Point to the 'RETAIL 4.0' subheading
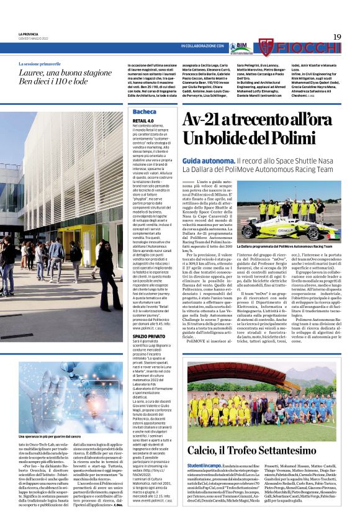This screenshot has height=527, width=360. (143, 120)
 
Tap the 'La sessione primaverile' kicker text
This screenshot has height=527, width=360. (40, 65)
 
